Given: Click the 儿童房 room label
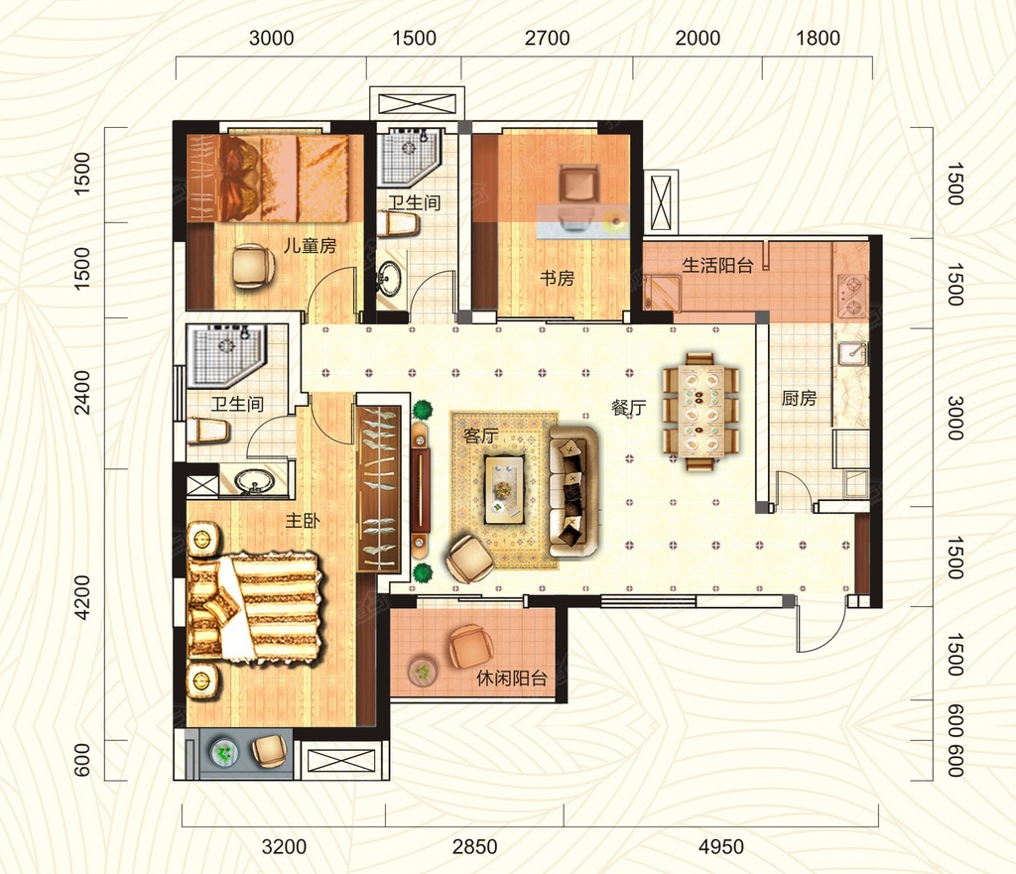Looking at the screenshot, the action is (310, 246).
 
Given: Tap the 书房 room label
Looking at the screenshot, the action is (557, 278).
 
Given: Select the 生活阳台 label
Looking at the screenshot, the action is (717, 265).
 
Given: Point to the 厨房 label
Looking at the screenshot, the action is (799, 398).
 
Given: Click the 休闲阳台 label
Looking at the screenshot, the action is (511, 679).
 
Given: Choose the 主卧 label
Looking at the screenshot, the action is (303, 520).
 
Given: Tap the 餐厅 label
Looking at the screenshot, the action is (628, 408).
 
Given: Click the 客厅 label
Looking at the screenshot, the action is (481, 437).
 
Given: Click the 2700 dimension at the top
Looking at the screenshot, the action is (547, 39).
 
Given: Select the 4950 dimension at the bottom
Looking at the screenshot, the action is (721, 846).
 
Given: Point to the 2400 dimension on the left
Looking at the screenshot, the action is (83, 392).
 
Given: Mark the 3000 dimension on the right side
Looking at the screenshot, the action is (955, 418).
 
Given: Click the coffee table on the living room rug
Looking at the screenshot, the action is (505, 489).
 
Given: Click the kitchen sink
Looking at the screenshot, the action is (852, 354).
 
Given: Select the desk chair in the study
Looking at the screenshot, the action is (578, 183).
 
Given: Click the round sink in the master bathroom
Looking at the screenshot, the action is (253, 482).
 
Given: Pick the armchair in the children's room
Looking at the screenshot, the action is (252, 266).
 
